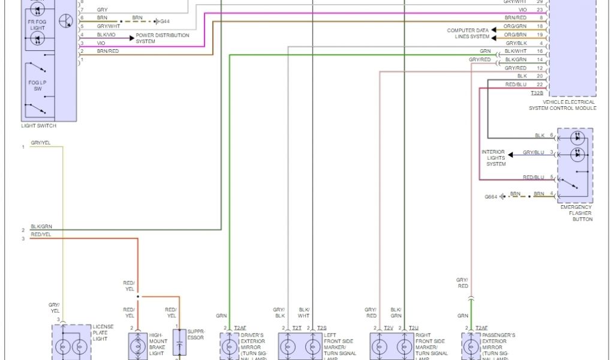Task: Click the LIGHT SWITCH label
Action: tap(38, 126)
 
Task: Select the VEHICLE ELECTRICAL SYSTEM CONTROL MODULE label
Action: tap(562, 105)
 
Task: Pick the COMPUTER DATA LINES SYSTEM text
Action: tap(468, 34)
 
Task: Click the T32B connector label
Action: tap(537, 93)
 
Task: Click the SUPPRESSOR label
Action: tap(196, 334)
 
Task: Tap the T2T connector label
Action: tap(297, 328)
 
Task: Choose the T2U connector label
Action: tap(413, 328)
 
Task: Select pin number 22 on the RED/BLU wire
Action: tap(540, 85)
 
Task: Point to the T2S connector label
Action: tap(321, 328)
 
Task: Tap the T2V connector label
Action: tap(389, 328)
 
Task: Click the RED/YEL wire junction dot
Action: tap(138, 296)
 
